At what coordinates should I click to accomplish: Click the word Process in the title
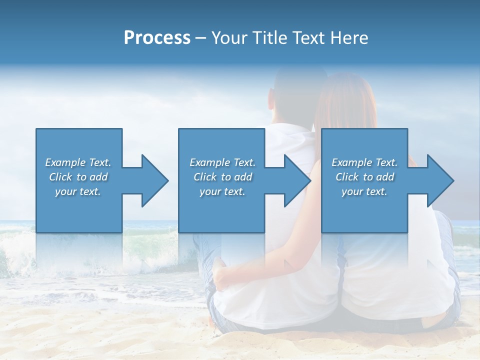(x=157, y=38)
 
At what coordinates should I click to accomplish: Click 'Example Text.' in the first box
(x=78, y=162)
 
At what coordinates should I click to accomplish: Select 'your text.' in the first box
(x=78, y=191)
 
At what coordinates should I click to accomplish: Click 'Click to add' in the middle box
(x=222, y=177)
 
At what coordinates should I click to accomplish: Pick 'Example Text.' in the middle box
(x=222, y=162)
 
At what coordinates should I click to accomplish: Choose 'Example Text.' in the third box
(x=364, y=162)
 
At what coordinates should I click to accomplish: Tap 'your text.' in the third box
(x=364, y=191)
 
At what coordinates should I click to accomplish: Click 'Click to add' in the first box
(x=78, y=177)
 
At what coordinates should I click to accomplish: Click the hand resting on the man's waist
(x=220, y=274)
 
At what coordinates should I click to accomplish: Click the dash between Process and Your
(x=200, y=38)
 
